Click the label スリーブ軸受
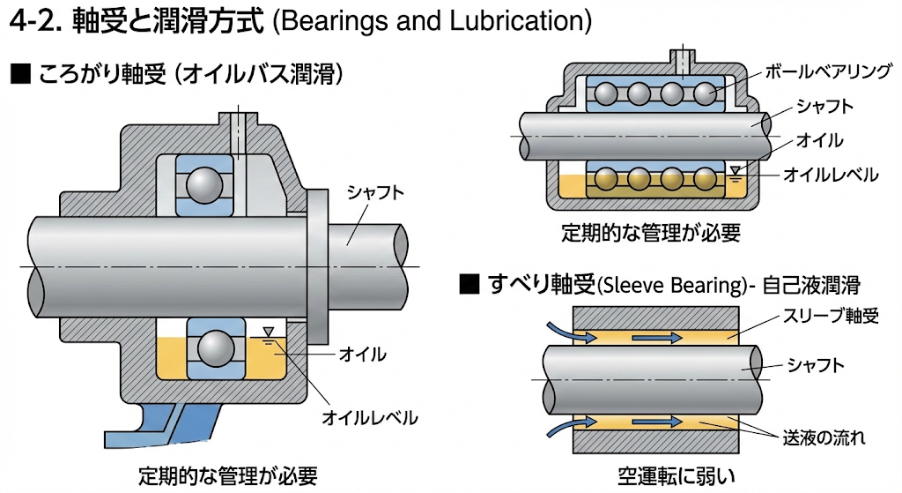[x=832, y=315]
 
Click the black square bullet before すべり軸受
[x=469, y=285]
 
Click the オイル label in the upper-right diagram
[x=819, y=140]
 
